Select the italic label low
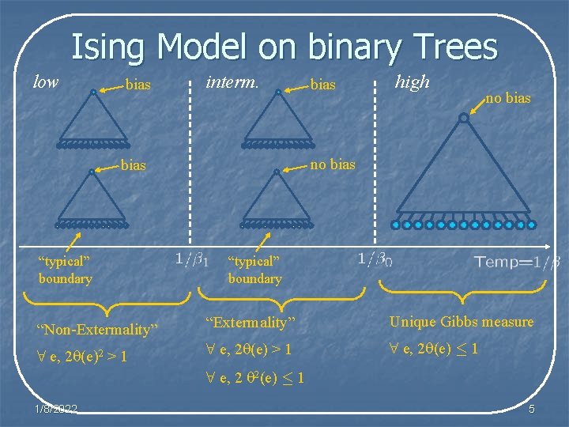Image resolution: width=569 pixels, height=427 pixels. coord(45,81)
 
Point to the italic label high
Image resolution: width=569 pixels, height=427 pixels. coord(412,81)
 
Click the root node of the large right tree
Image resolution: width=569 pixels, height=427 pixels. coord(463,118)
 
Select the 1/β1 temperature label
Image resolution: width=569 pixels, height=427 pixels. coord(190,258)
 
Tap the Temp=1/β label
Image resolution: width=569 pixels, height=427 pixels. coord(517,262)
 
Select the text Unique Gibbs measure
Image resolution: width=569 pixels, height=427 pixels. coord(461,322)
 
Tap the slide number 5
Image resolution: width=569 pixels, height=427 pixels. coord(531,408)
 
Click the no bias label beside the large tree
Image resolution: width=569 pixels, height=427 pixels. coord(507,99)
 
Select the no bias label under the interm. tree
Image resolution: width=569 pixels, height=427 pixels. coord(332,165)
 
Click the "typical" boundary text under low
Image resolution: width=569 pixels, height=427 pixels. coord(65,270)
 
